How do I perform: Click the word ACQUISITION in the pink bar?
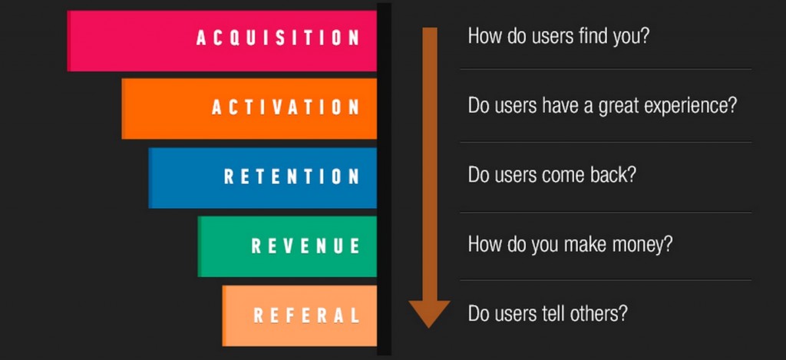click(x=278, y=38)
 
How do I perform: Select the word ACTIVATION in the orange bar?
click(x=286, y=107)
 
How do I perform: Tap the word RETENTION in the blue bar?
click(x=292, y=176)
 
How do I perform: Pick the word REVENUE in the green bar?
click(x=305, y=245)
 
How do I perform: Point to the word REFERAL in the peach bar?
click(x=307, y=315)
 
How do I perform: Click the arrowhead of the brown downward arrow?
click(x=429, y=313)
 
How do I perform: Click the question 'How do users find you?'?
click(x=559, y=37)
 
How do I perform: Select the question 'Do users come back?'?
click(x=552, y=175)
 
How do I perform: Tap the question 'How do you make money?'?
click(x=570, y=245)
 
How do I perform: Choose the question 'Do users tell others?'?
click(x=547, y=313)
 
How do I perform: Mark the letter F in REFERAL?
click(x=294, y=315)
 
